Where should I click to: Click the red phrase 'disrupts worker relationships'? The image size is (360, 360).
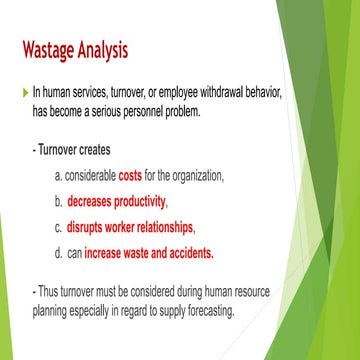(x=134, y=226)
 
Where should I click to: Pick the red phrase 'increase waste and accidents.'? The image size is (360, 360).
(x=149, y=252)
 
